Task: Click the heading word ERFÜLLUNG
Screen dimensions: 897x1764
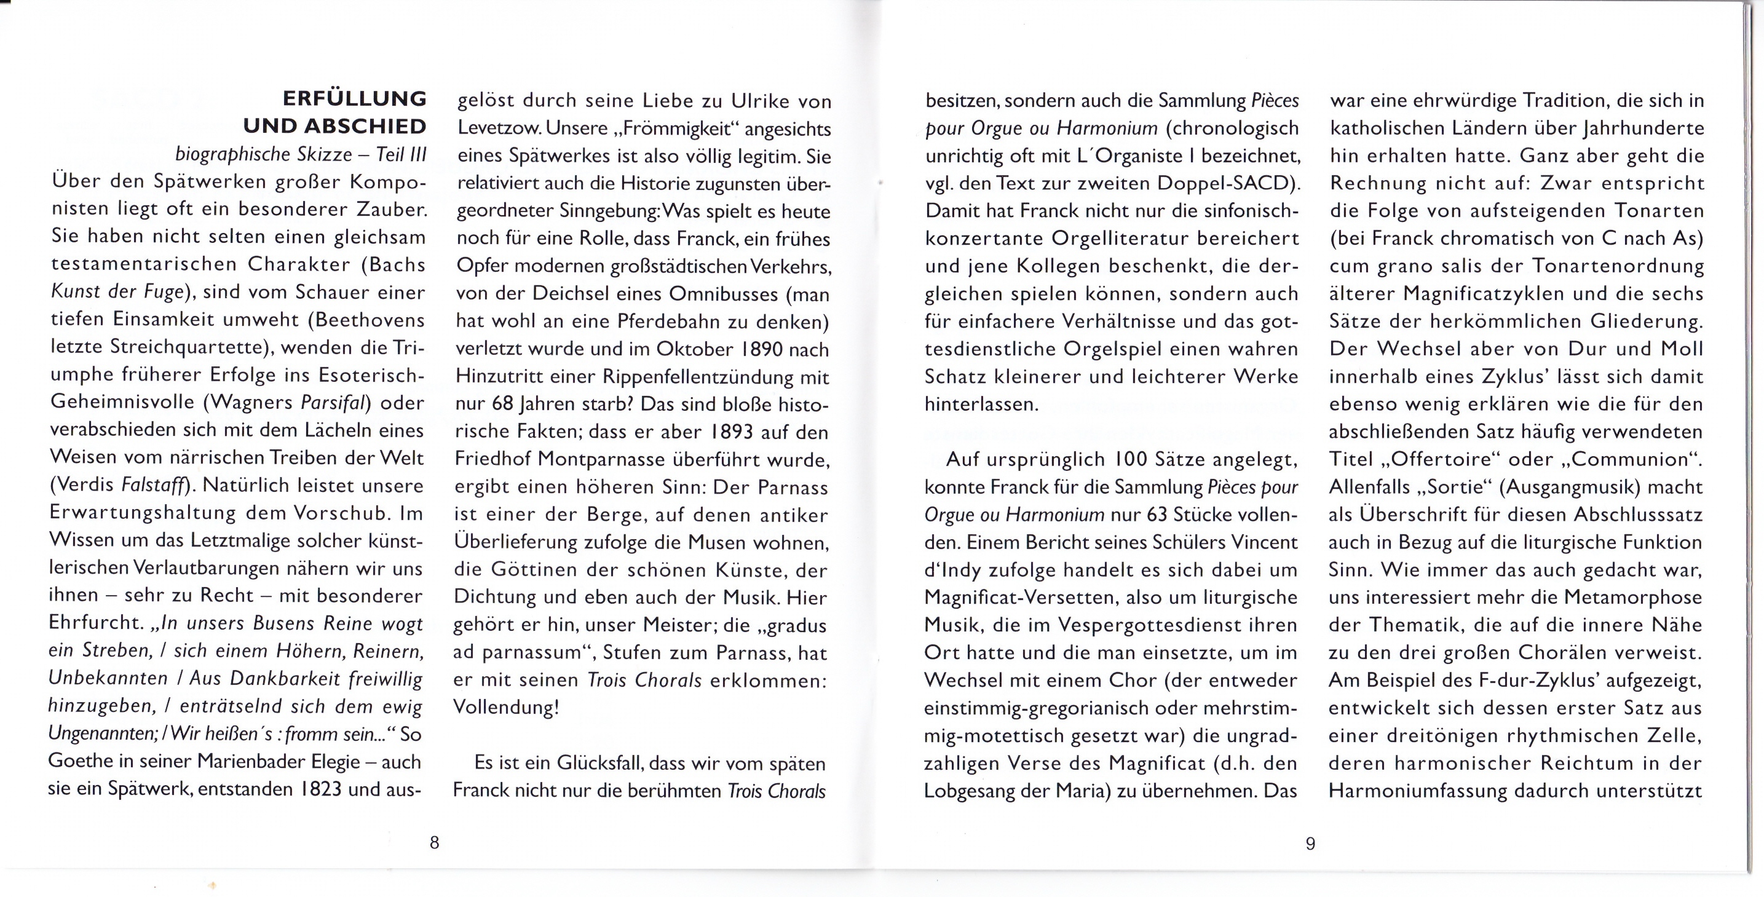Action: (x=354, y=99)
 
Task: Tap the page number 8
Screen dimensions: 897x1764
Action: (x=434, y=843)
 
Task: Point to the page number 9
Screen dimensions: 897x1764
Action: (x=1310, y=844)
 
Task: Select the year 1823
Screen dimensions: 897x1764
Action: (x=320, y=789)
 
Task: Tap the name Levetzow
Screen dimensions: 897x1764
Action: (x=499, y=128)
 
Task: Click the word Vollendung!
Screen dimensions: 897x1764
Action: (x=506, y=707)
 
